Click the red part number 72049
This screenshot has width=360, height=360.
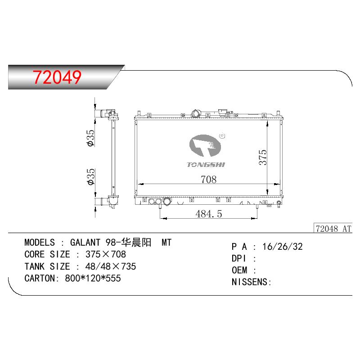(57, 77)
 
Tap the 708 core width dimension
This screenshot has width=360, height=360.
(208, 179)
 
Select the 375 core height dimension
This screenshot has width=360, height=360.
(263, 157)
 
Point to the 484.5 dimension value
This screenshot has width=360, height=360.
(209, 214)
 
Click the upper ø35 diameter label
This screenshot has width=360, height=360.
(91, 138)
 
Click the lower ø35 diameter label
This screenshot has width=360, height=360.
(91, 177)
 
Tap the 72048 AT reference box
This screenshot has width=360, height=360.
(333, 229)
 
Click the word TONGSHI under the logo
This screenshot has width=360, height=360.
(206, 165)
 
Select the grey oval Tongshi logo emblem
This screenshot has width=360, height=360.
(205, 146)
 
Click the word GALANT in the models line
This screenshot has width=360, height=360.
(85, 243)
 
